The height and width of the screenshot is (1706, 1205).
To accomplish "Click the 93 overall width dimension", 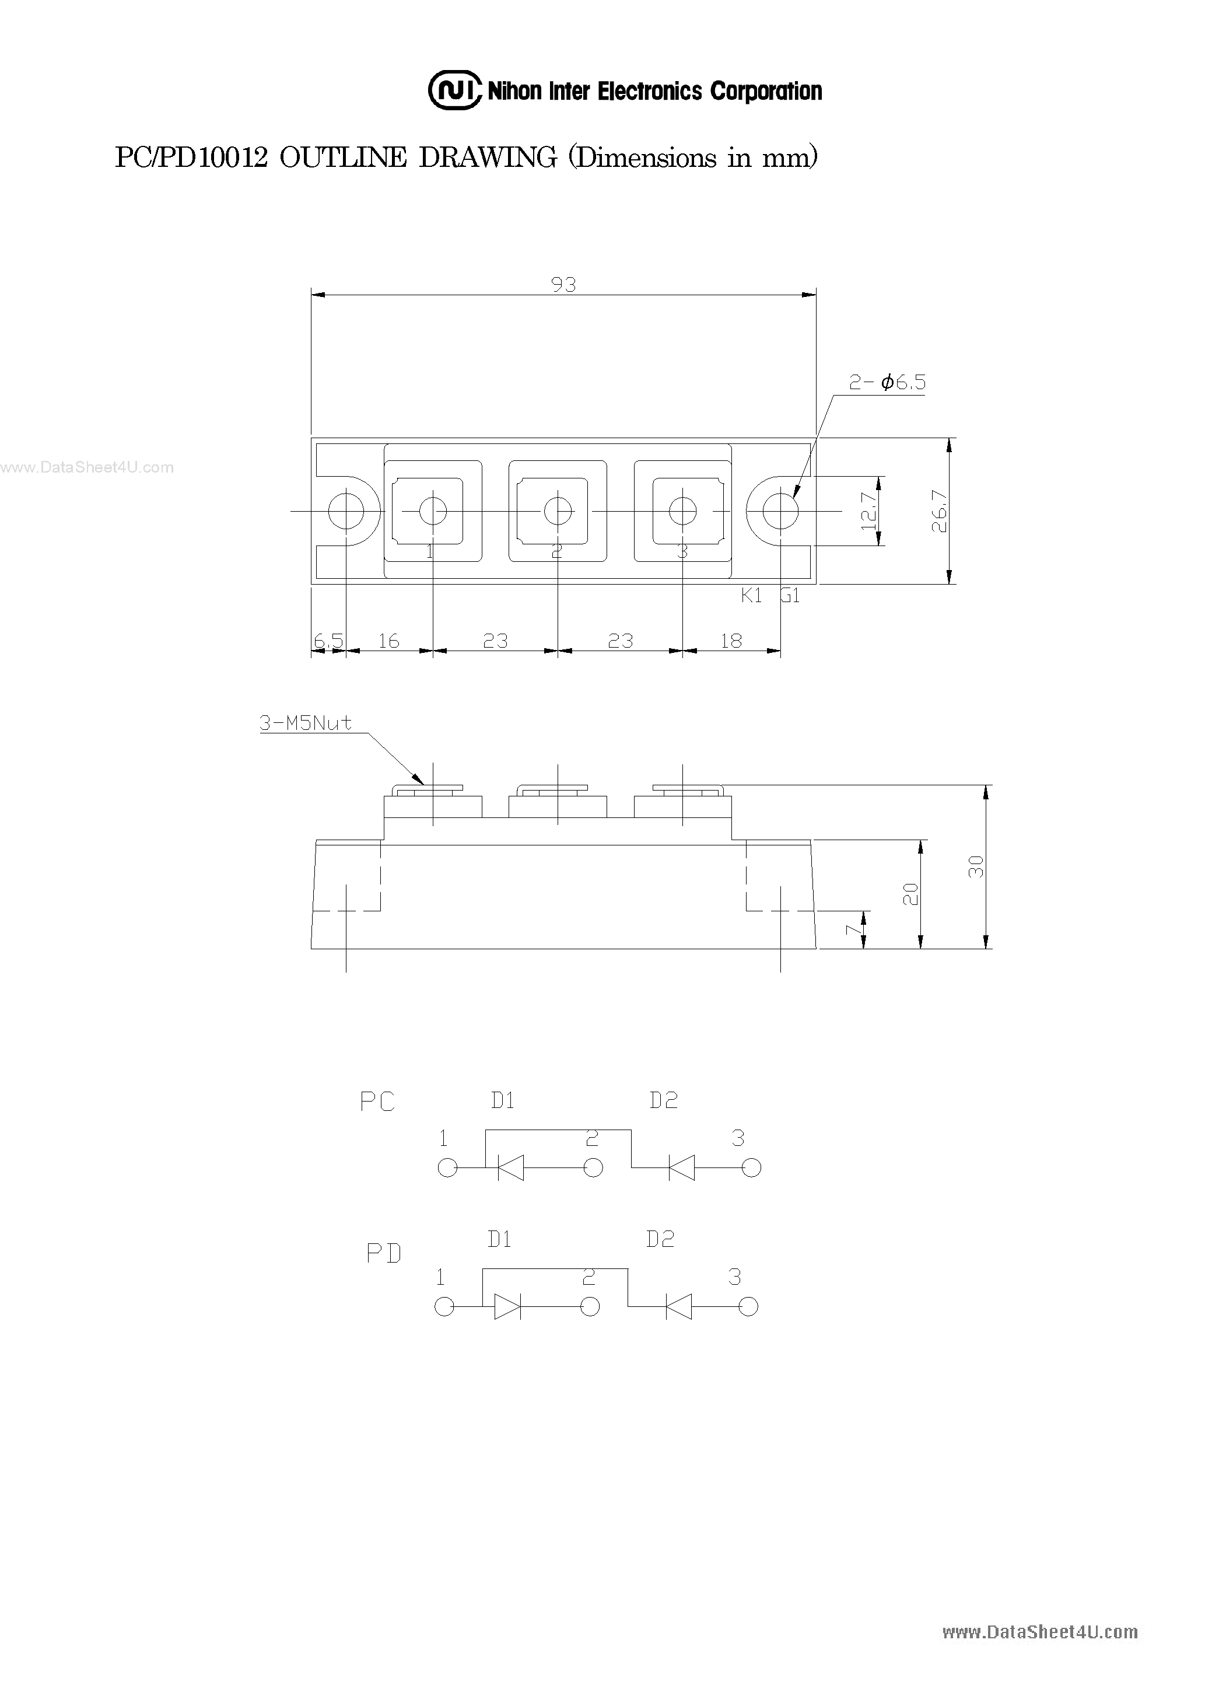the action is click(x=564, y=285).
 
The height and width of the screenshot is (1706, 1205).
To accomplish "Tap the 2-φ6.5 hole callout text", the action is click(x=888, y=383).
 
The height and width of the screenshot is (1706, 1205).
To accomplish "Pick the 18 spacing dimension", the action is click(x=731, y=641).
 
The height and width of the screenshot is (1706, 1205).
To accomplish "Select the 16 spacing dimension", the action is click(x=388, y=641).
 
